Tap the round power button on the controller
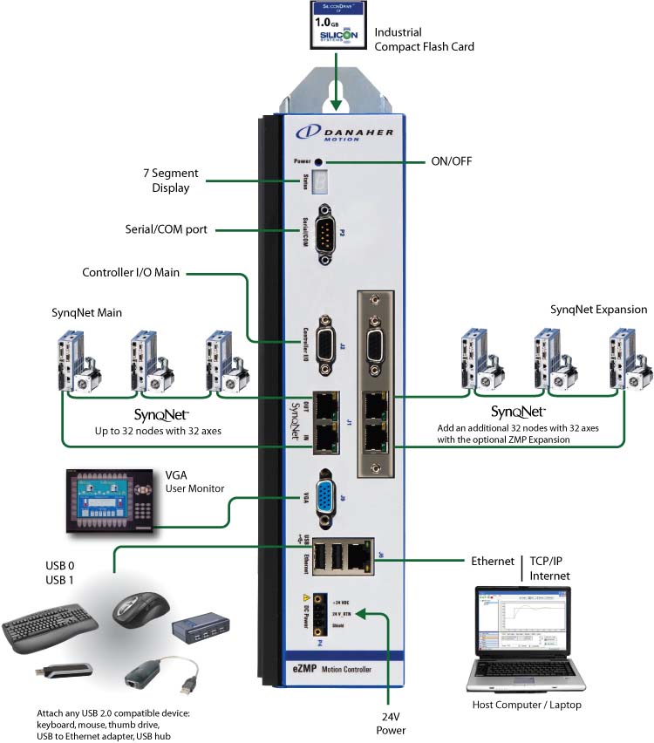pos(319,162)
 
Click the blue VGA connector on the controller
pos(327,501)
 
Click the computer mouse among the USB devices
pos(139,606)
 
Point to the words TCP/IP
pos(550,561)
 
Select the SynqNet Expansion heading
pos(598,310)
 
